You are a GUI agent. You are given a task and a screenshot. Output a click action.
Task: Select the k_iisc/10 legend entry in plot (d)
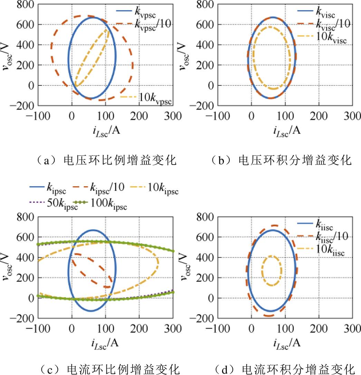[x=330, y=236]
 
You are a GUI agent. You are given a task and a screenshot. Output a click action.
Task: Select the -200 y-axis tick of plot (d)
[x=204, y=318]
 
